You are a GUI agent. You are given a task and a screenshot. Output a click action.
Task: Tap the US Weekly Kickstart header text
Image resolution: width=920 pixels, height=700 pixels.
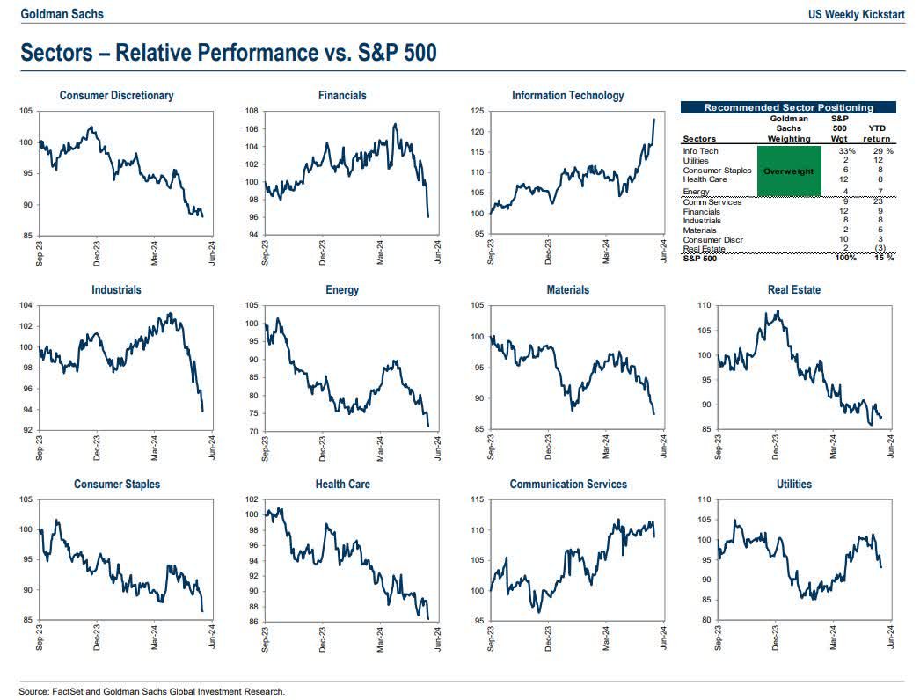tap(857, 13)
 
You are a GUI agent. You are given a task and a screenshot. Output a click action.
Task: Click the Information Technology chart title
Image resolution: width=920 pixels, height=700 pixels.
tap(567, 95)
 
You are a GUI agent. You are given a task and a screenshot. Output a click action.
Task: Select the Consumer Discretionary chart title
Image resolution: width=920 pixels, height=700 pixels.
tap(116, 95)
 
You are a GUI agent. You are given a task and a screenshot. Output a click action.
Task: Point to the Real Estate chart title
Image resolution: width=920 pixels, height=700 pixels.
tap(793, 289)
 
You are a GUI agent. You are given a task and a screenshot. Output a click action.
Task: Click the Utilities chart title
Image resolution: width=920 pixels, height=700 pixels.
tap(793, 484)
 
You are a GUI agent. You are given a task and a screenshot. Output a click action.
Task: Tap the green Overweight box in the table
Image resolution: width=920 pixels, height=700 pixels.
tap(788, 171)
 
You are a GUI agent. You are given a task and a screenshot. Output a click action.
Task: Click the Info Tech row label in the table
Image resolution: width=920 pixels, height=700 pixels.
tap(700, 151)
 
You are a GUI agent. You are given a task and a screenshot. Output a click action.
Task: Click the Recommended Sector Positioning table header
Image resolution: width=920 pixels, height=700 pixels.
tap(788, 107)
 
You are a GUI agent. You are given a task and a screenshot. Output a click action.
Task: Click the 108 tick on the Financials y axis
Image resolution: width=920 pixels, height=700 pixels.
tap(251, 111)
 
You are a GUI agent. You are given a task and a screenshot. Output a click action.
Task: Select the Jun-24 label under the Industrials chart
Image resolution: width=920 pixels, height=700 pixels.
tap(212, 448)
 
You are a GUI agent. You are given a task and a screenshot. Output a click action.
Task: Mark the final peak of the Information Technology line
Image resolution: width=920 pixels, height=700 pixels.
tap(653, 119)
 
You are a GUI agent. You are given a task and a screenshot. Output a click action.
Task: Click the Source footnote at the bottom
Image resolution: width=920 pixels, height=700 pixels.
tap(152, 690)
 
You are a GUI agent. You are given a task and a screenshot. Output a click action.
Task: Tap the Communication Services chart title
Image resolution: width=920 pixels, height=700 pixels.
tap(567, 484)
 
